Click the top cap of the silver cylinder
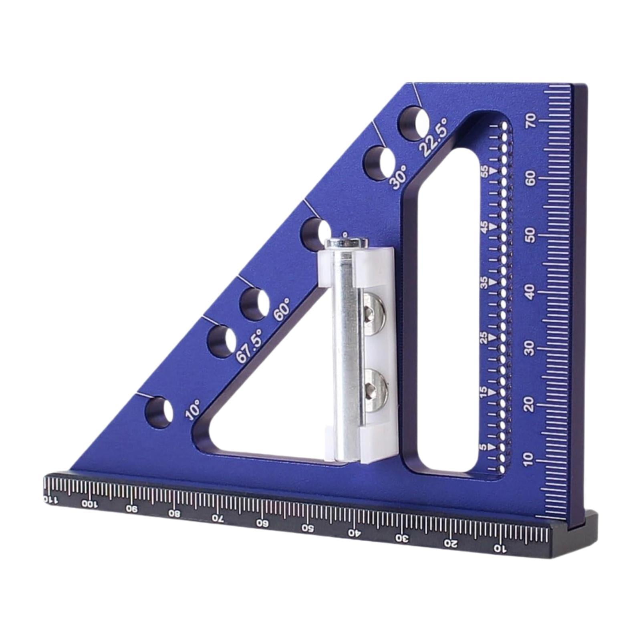coord(347,243)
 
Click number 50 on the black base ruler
coord(308,527)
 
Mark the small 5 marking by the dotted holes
coord(484,446)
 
